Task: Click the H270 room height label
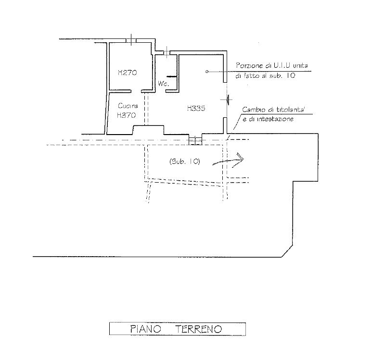[128, 73]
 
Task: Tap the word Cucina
[128, 106]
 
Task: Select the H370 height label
[127, 115]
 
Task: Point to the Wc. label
[164, 84]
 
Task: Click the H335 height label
[196, 109]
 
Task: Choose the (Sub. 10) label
[185, 161]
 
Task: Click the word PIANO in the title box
[146, 329]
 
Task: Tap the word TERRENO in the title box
[199, 329]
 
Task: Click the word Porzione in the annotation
[249, 66]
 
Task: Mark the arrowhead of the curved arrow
[242, 158]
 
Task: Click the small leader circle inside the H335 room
[207, 72]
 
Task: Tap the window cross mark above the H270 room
[131, 40]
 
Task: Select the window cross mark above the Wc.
[167, 52]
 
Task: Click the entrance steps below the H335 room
[195, 139]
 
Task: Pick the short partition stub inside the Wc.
[172, 76]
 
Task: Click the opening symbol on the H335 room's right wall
[228, 100]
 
